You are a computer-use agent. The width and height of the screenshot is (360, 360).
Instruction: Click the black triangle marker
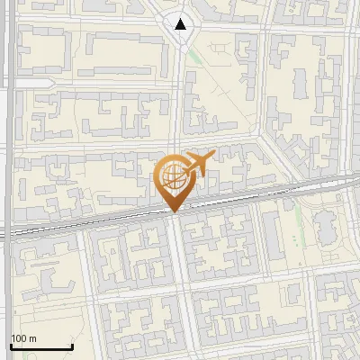[183, 24]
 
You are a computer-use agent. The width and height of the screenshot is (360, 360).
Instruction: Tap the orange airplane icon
[199, 164]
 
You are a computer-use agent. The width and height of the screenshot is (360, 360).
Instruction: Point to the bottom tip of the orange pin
[173, 212]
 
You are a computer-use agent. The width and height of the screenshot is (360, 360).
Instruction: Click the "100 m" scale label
[23, 338]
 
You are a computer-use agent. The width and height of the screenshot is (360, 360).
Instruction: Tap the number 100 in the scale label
[19, 338]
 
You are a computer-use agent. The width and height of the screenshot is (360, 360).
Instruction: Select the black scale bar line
[41, 347]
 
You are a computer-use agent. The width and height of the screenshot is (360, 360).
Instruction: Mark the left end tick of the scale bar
[11, 346]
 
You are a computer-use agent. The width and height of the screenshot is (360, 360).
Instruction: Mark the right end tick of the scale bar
[72, 346]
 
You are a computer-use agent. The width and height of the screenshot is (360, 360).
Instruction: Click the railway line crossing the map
[90, 224]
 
